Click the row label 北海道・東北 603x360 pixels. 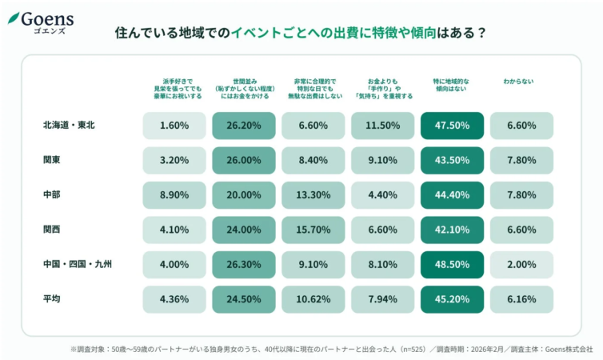(x=70, y=126)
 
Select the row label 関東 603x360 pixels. (x=52, y=160)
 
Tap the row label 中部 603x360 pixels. (x=52, y=194)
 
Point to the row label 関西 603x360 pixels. (x=52, y=230)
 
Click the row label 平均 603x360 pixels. (x=52, y=299)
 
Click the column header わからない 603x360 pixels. (x=520, y=82)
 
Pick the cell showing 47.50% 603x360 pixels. (x=452, y=126)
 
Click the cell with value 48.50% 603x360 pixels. (x=452, y=264)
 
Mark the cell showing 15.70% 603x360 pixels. (x=313, y=230)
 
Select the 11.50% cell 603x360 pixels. (x=382, y=126)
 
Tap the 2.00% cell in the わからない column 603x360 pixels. (x=521, y=264)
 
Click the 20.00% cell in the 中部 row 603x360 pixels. (x=243, y=194)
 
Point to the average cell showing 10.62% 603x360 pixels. (x=313, y=299)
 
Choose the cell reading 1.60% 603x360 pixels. (x=174, y=126)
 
